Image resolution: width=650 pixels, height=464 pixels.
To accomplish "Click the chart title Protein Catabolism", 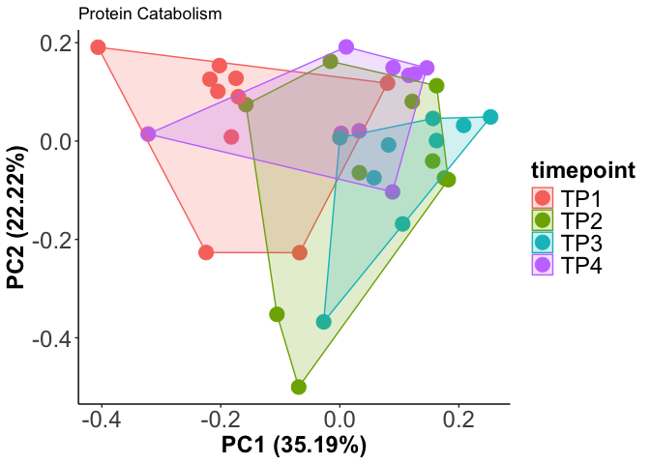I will tap(150, 14).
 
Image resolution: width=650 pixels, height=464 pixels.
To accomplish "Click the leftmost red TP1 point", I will tap(98, 47).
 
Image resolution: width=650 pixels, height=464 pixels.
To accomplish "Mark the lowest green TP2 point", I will tap(299, 387).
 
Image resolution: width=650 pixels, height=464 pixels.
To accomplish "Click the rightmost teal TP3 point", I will tap(490, 117).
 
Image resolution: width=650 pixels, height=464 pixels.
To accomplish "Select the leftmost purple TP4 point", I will tap(148, 134).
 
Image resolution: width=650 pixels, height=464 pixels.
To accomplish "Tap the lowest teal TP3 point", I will tap(324, 322).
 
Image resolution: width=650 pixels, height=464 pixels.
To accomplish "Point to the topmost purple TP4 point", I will tap(345, 47).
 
